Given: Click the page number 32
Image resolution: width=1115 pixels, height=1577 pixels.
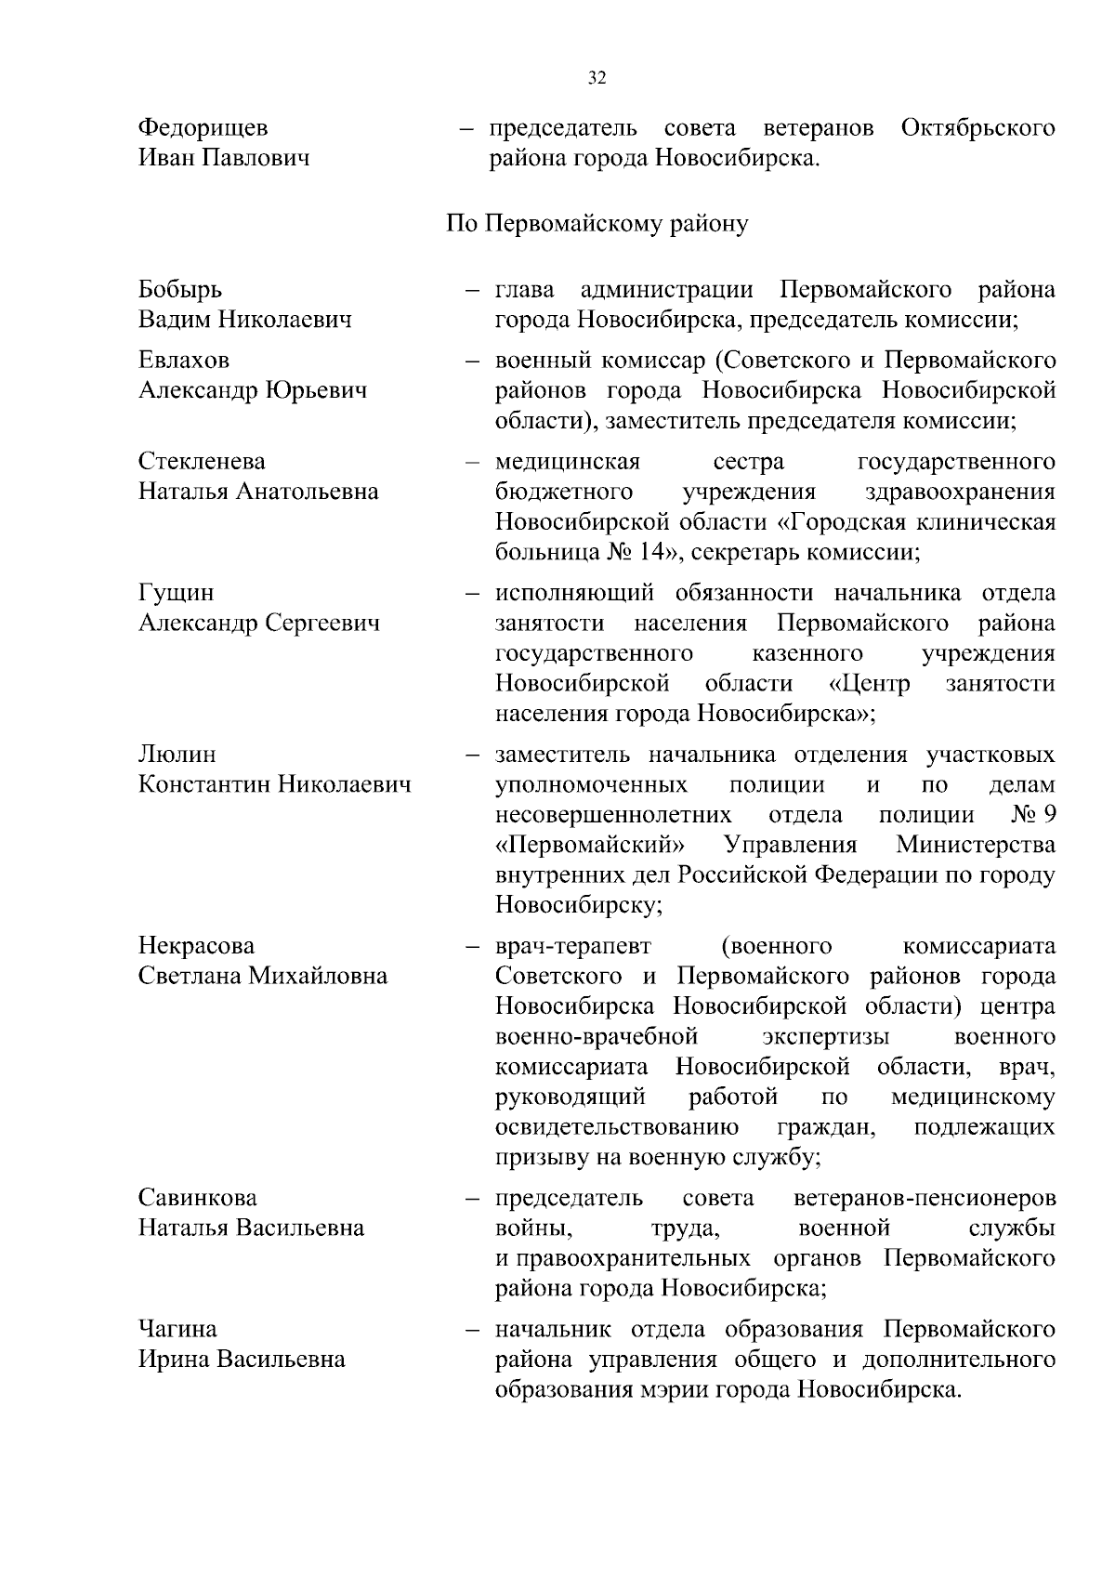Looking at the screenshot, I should (597, 78).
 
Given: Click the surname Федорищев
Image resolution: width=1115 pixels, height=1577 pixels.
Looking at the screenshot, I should (203, 128).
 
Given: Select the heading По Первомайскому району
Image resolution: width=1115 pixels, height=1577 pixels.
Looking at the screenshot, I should (597, 225).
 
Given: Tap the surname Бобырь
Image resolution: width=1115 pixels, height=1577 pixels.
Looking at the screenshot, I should (180, 290).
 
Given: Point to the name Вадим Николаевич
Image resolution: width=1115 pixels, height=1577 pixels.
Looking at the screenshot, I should (245, 321).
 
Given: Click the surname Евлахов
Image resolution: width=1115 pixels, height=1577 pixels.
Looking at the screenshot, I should (184, 360).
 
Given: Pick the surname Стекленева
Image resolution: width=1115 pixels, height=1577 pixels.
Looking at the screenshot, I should (202, 462).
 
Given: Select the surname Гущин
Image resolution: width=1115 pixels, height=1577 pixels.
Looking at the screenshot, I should (176, 593).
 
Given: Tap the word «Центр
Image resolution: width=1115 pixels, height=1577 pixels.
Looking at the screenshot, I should (869, 684).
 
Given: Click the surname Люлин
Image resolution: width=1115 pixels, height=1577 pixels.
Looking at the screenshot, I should (177, 755).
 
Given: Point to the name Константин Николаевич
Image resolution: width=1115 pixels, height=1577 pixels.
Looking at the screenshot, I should (274, 785).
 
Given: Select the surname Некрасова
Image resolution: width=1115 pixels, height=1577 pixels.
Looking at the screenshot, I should (196, 946).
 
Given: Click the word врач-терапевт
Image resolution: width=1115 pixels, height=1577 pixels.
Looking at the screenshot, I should (573, 946).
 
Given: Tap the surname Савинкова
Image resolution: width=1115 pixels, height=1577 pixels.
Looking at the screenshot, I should (198, 1198).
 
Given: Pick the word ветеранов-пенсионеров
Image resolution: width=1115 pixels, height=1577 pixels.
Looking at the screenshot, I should (925, 1198).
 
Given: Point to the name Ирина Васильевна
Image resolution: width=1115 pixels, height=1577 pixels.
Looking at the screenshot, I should (242, 1360).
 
